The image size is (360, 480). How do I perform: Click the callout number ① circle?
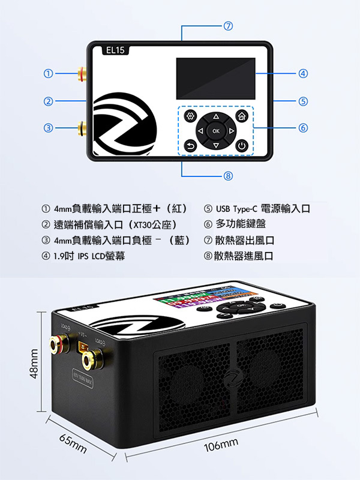coord(47,74)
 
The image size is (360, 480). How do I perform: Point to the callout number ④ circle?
coord(304,74)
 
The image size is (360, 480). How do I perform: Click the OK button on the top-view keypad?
coord(216,130)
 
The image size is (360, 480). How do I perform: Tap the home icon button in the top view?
coord(242,116)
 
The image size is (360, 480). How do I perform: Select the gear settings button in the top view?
coord(191,116)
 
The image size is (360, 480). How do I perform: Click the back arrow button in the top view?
coord(191,146)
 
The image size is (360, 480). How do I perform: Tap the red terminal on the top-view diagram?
coord(82,74)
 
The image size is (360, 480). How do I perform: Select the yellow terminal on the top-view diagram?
coord(82,127)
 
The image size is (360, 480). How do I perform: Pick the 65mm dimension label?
coord(73,445)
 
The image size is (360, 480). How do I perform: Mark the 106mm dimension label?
coord(221,446)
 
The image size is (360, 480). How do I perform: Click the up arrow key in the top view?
coord(216,116)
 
